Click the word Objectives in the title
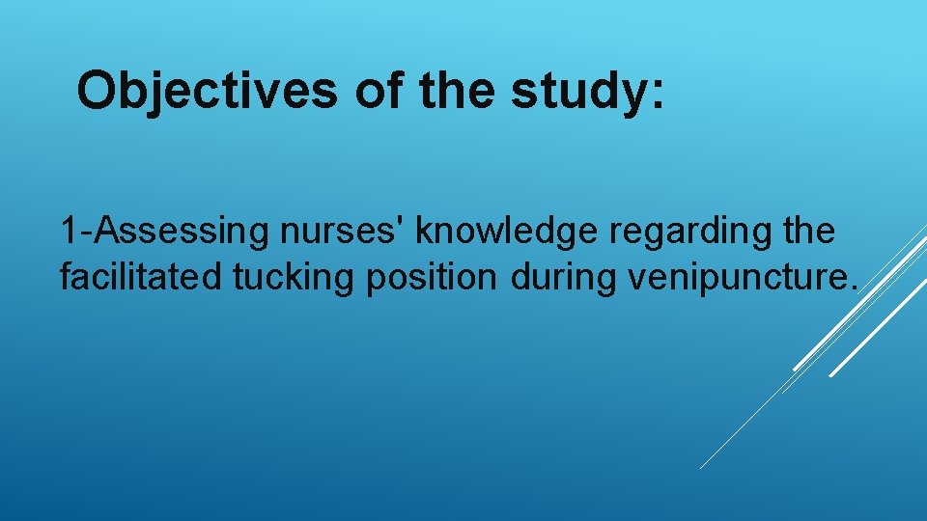207,92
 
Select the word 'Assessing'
165,232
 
